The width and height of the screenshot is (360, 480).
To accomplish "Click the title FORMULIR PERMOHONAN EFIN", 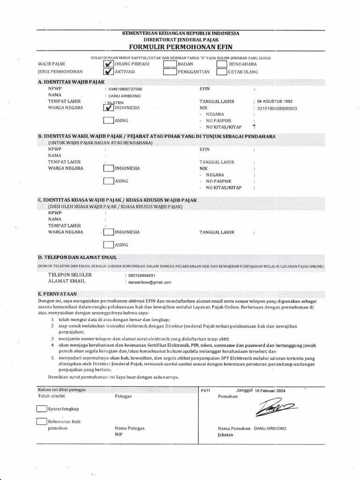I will coord(180,47).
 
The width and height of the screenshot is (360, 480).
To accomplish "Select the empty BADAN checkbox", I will coord(170,64).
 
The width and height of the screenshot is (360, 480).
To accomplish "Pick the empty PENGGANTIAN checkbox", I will coord(170,72).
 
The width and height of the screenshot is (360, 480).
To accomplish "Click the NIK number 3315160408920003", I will coord(277,108).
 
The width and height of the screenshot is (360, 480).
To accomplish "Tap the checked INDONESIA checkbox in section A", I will coord(108,107).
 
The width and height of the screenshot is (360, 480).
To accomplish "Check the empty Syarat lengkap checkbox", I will coord(42,409).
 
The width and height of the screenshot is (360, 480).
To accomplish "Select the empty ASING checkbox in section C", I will coord(108,244).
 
